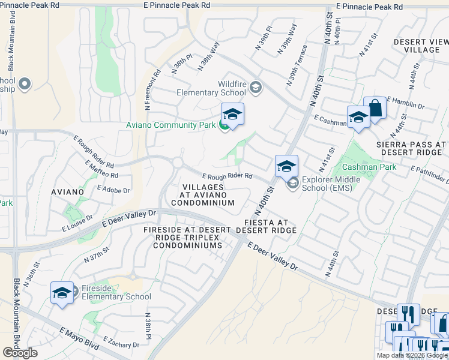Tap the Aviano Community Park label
[x=171, y=125]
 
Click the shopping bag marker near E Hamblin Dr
[x=375, y=109]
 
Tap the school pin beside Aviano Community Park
[x=232, y=114]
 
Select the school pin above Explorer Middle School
[x=287, y=165]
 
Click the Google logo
[x=20, y=353]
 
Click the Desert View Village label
[x=421, y=46]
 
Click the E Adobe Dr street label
[x=113, y=190]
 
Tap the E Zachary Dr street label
[x=121, y=344]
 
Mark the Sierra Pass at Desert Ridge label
[x=411, y=148]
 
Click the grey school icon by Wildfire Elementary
[x=256, y=88]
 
